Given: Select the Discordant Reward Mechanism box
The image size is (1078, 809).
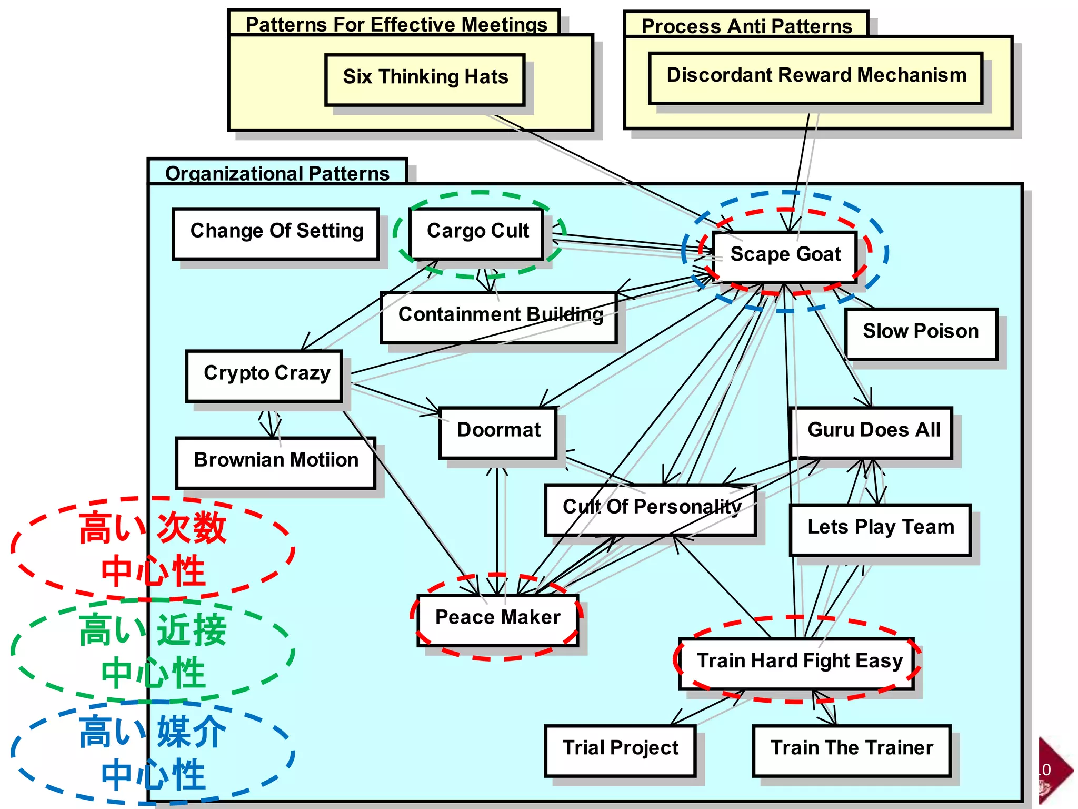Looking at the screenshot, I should pyautogui.click(x=815, y=77).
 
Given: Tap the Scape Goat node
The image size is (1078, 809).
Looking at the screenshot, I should pyautogui.click(x=785, y=255).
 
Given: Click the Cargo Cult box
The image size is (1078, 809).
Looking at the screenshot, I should pyautogui.click(x=477, y=232).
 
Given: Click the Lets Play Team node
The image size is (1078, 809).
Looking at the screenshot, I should pyautogui.click(x=880, y=529).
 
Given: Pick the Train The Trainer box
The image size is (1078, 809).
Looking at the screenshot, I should pyautogui.click(x=851, y=749).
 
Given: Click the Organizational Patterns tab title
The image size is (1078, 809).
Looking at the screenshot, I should pyautogui.click(x=277, y=173).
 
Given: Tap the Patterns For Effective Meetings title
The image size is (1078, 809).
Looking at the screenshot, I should pyautogui.click(x=396, y=24).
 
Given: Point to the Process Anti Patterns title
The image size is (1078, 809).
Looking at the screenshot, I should pyautogui.click(x=746, y=26).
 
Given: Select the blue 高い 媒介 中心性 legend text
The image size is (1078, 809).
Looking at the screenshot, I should pyautogui.click(x=153, y=753).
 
